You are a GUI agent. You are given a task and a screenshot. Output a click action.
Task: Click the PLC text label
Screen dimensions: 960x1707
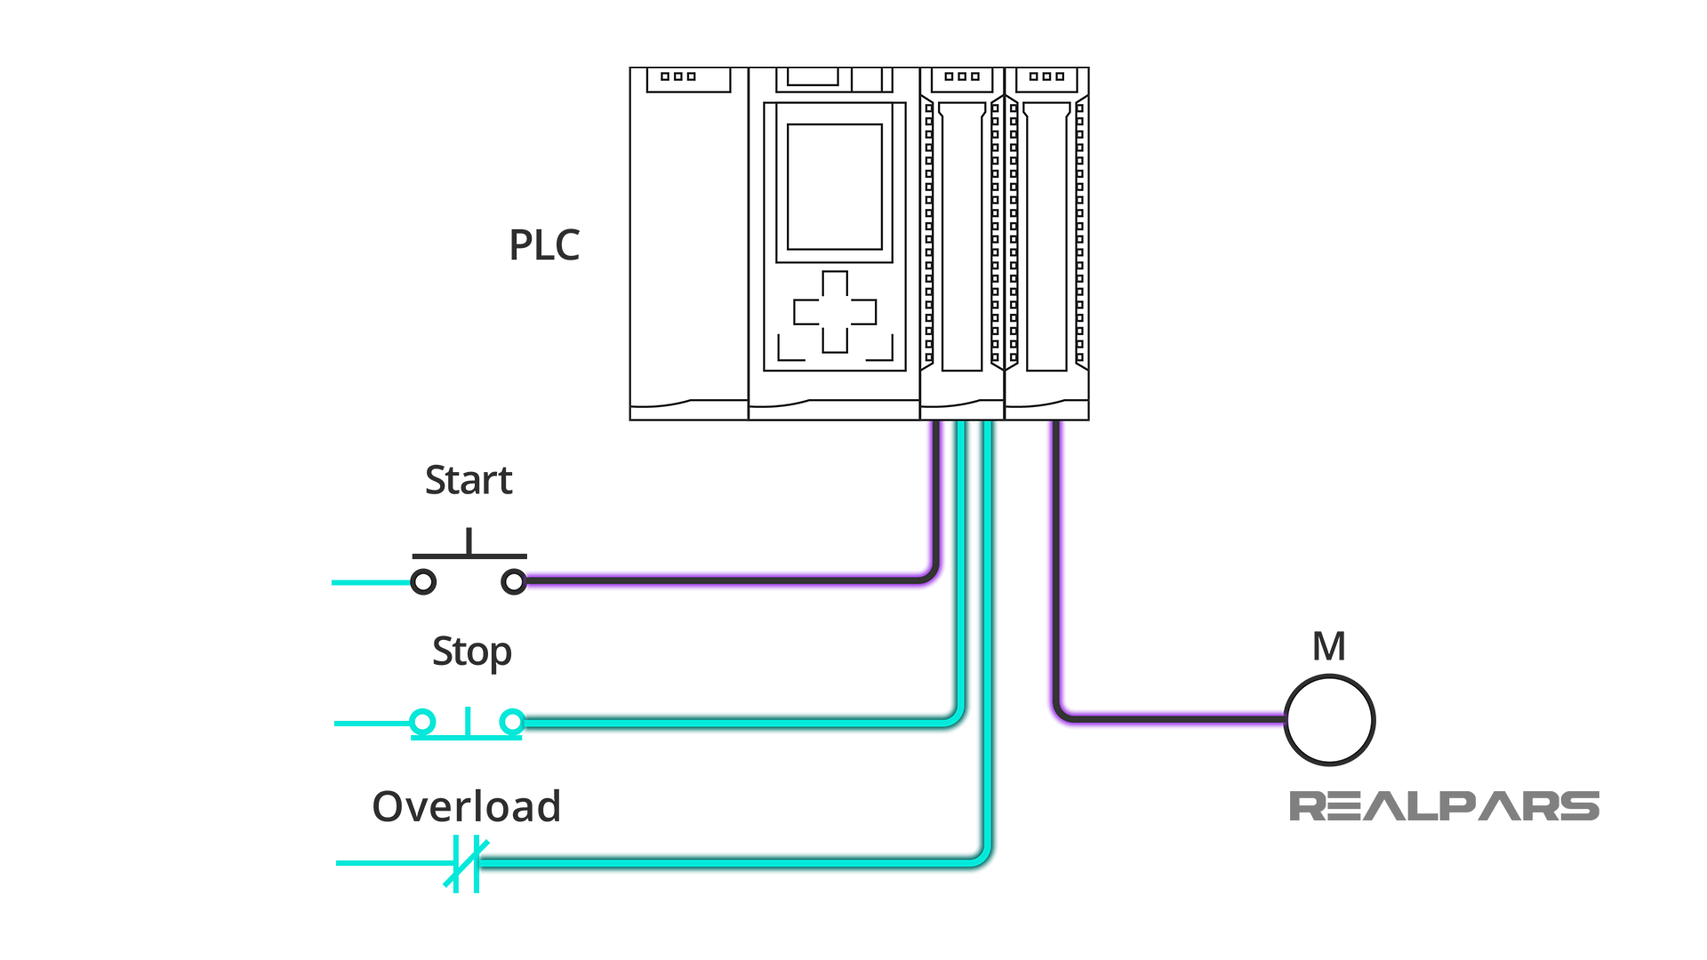pyautogui.click(x=544, y=245)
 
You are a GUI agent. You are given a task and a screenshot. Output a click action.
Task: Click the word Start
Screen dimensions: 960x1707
pyautogui.click(x=469, y=481)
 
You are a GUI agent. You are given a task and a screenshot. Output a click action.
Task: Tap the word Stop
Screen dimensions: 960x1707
pyautogui.click(x=471, y=652)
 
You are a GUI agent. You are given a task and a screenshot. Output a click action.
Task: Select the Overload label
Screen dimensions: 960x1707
pyautogui.click(x=466, y=807)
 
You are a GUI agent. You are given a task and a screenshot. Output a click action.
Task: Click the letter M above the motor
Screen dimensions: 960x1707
pyautogui.click(x=1328, y=646)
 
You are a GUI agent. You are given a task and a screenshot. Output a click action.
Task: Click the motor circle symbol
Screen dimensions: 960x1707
pyautogui.click(x=1329, y=720)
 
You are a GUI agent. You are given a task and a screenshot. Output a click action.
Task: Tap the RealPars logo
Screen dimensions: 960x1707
pyautogui.click(x=1443, y=806)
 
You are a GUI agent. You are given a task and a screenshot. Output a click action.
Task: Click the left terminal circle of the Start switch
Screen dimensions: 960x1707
pyautogui.click(x=423, y=582)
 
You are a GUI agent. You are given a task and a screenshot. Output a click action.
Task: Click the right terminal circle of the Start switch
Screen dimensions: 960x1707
pyautogui.click(x=514, y=582)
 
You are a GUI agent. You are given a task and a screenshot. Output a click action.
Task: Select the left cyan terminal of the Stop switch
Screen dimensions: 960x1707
pyautogui.click(x=422, y=722)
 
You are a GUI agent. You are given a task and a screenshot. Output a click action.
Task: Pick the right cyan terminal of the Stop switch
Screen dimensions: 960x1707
pyautogui.click(x=512, y=722)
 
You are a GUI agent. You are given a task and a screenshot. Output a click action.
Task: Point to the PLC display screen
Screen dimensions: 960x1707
pyautogui.click(x=834, y=187)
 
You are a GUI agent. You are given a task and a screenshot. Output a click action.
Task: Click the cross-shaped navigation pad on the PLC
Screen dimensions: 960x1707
pyautogui.click(x=834, y=312)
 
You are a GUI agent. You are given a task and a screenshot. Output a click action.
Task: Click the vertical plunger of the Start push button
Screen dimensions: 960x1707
pyautogui.click(x=469, y=541)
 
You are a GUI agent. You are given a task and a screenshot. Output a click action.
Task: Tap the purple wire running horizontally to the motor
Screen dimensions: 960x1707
pyautogui.click(x=1174, y=716)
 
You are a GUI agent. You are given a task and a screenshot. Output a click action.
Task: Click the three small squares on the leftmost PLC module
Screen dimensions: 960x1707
pyautogui.click(x=677, y=76)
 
